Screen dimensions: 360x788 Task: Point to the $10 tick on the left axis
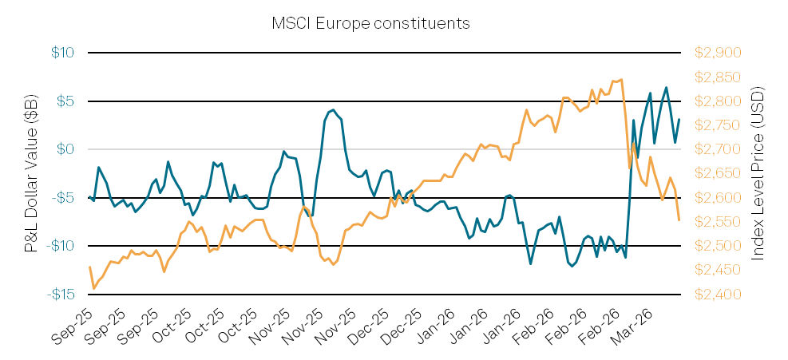click(x=63, y=53)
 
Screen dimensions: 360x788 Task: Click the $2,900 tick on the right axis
click(x=718, y=53)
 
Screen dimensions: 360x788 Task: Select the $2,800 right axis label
click(x=718, y=101)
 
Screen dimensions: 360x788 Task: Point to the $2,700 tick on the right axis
click(x=718, y=149)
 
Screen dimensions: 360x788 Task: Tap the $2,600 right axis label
click(x=718, y=198)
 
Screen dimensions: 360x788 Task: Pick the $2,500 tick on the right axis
click(x=718, y=246)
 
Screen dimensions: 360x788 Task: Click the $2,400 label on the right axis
click(x=718, y=295)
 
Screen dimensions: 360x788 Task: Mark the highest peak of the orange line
click(x=621, y=79)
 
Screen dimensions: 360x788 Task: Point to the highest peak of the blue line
click(x=666, y=88)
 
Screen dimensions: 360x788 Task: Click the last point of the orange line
click(x=679, y=220)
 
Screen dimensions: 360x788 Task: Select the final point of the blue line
click(x=679, y=120)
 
